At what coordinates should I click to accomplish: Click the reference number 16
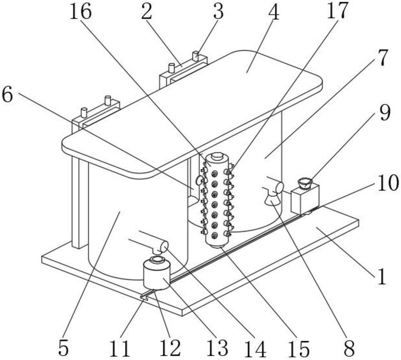click(x=81, y=12)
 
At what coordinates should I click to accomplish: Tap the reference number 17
click(x=337, y=11)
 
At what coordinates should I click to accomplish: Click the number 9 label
click(x=385, y=113)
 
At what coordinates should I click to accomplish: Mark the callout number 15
click(x=300, y=348)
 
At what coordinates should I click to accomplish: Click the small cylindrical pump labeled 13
click(x=156, y=275)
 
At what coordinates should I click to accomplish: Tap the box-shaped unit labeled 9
click(x=304, y=198)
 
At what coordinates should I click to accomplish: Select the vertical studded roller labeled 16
click(x=217, y=200)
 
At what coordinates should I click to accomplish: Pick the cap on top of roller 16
click(x=217, y=156)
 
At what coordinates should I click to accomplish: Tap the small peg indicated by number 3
click(x=195, y=56)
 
